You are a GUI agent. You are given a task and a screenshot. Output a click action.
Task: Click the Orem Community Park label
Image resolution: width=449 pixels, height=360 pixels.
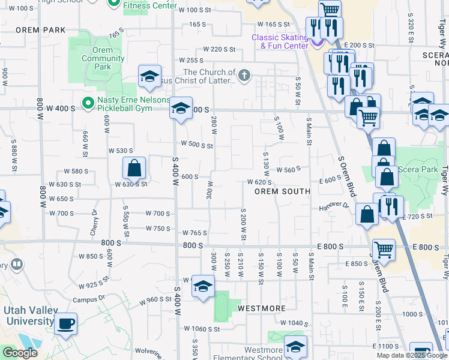point(103,59)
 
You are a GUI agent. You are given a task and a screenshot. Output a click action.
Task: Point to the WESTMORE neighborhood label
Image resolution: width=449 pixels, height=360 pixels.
point(261,308)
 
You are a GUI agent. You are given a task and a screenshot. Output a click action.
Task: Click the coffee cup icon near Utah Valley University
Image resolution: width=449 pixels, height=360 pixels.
point(66,324)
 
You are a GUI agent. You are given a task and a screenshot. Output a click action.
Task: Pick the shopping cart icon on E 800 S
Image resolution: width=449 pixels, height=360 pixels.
point(384,250)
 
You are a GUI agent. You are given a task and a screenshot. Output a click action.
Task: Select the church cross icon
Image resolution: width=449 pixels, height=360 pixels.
point(244,76)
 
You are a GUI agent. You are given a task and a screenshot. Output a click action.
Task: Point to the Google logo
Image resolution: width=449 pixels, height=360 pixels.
point(20,353)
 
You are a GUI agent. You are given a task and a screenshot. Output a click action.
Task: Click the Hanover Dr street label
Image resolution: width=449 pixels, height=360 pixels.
point(334,206)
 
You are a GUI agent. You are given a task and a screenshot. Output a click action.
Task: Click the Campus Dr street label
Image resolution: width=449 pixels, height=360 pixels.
point(89,299)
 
